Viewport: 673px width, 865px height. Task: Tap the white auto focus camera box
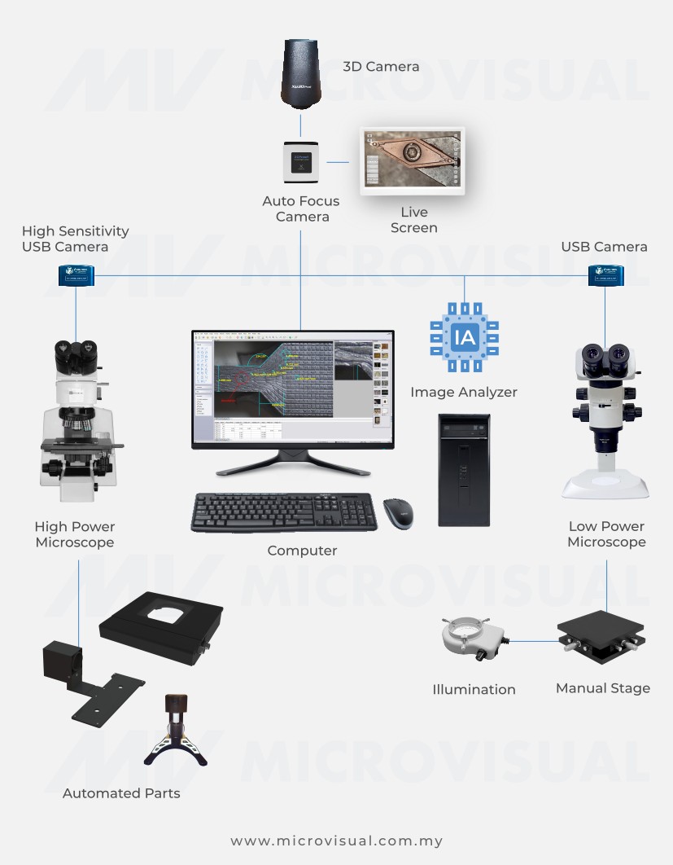pos(301,161)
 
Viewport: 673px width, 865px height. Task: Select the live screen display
pos(413,160)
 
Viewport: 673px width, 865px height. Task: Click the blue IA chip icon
pos(464,335)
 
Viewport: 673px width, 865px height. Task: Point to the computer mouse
pos(398,513)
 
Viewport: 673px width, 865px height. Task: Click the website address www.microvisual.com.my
pos(336,841)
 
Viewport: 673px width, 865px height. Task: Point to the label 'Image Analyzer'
pos(464,392)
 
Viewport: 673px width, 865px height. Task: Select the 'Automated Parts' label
pos(121,793)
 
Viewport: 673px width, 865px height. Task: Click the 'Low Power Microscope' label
pos(606,534)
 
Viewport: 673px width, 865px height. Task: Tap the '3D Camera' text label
pos(381,67)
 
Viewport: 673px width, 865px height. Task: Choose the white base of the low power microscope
pos(605,486)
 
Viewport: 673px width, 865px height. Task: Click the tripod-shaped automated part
pos(175,729)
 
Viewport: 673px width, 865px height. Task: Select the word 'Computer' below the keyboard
pos(302,551)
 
